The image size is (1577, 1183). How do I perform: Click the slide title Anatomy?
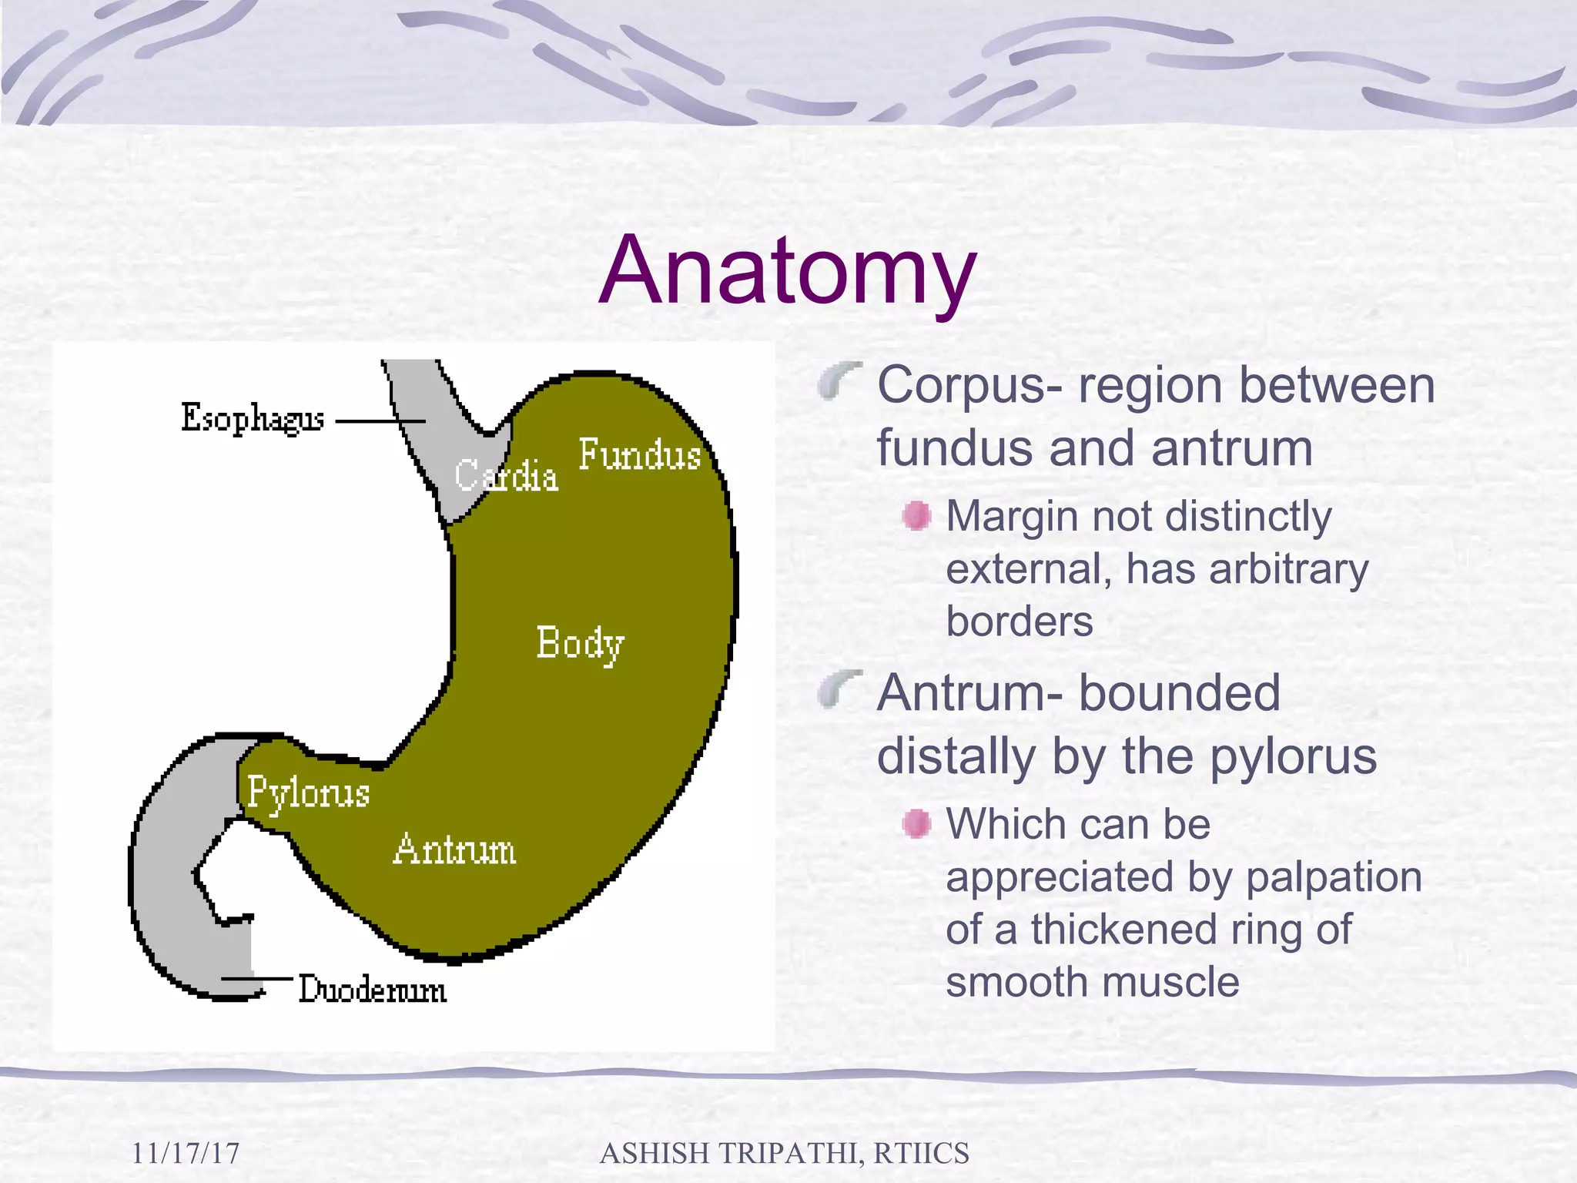[787, 271]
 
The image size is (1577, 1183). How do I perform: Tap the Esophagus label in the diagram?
[252, 419]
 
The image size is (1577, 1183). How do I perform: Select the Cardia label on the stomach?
[505, 475]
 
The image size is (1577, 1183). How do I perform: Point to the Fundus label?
[639, 454]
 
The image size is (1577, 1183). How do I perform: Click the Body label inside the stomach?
[579, 644]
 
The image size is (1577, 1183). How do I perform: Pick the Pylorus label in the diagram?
[308, 793]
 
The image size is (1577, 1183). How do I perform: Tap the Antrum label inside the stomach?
[454, 850]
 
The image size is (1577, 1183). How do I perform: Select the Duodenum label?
[372, 990]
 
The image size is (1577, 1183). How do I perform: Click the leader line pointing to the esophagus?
[380, 421]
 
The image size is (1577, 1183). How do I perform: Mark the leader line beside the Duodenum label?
[256, 979]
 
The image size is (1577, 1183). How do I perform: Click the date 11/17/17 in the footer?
[185, 1153]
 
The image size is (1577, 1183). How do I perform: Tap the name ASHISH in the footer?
[654, 1153]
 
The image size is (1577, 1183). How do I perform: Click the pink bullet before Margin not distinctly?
[916, 515]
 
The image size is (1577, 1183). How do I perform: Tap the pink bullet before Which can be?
[916, 823]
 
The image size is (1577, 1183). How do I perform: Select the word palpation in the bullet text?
[1333, 877]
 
